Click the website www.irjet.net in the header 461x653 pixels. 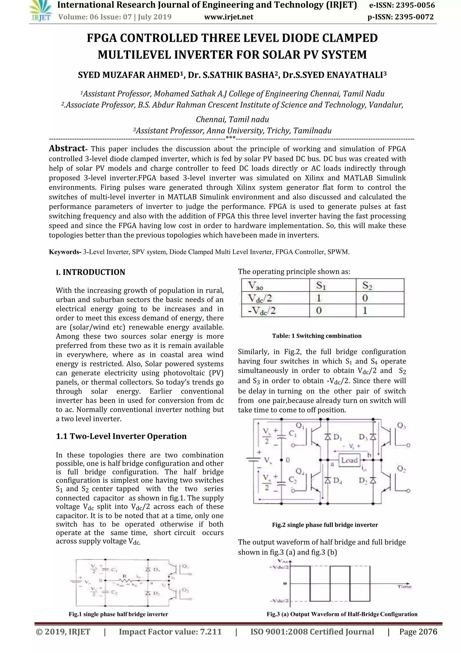[229, 17]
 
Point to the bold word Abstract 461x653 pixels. [67, 148]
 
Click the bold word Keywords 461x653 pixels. [65, 252]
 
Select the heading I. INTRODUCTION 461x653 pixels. [90, 272]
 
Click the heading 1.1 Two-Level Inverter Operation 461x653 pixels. [121, 436]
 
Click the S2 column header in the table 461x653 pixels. [367, 285]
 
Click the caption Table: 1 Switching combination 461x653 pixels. [316, 336]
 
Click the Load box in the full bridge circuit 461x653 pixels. [349, 460]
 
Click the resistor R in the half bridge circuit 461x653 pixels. [124, 579]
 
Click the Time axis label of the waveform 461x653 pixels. [404, 586]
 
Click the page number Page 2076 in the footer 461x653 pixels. [418, 632]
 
